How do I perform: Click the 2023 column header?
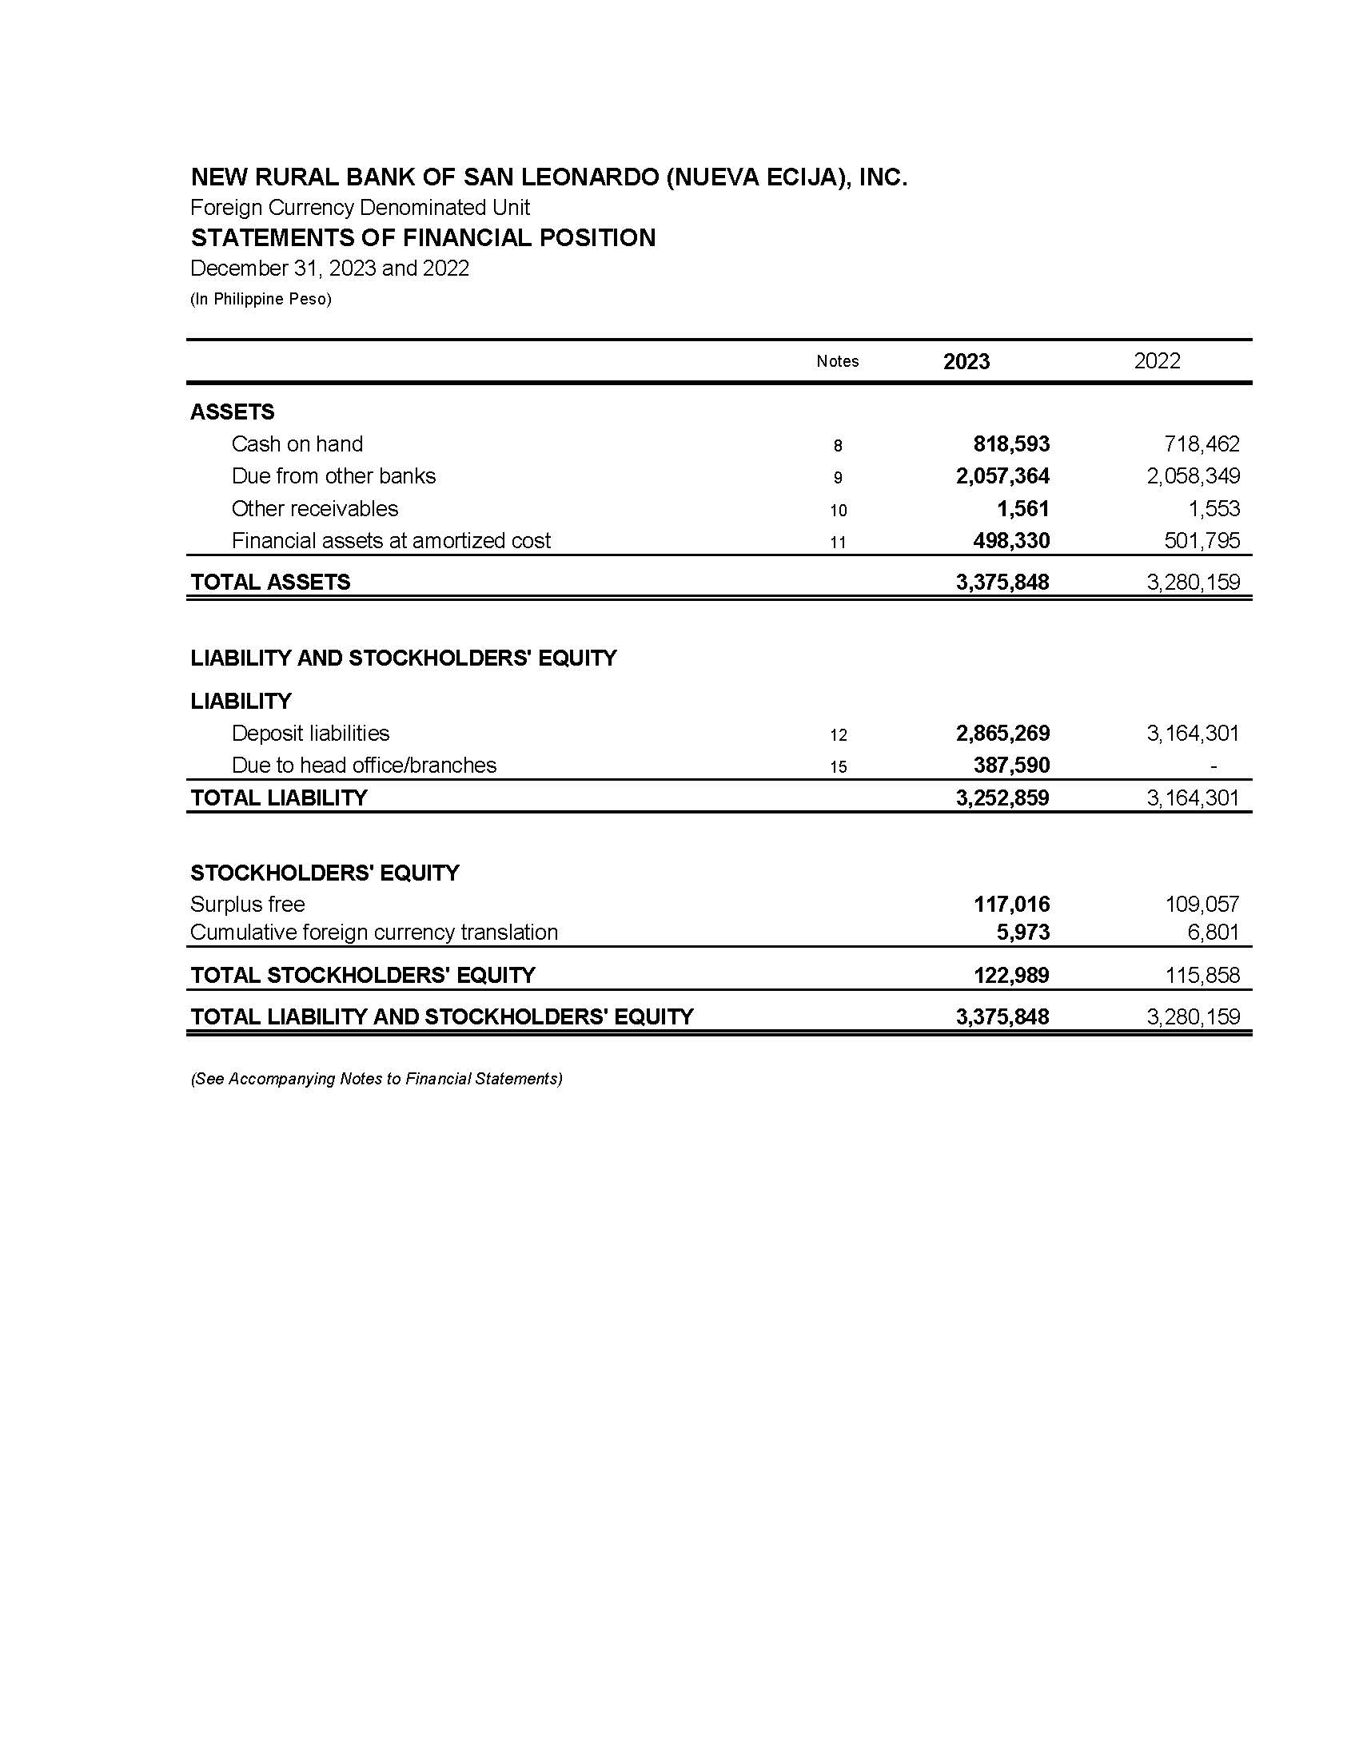966,361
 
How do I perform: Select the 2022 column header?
1157,360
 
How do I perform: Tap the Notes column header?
837,361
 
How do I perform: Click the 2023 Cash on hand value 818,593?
1011,443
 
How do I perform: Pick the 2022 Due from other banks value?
1194,475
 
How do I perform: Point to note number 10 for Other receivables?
838,511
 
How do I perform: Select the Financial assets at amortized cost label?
390,540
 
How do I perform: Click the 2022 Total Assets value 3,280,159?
1194,582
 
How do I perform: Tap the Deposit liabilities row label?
310,734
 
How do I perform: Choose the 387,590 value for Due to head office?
1011,765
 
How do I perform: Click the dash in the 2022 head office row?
1214,766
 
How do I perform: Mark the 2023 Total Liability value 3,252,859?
1002,797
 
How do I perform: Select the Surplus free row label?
247,904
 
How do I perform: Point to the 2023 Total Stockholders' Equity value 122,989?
1011,975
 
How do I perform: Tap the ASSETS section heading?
232,412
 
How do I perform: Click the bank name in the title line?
548,177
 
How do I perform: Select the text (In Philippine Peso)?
261,300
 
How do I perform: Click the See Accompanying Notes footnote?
376,1079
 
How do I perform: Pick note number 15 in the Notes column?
838,767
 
